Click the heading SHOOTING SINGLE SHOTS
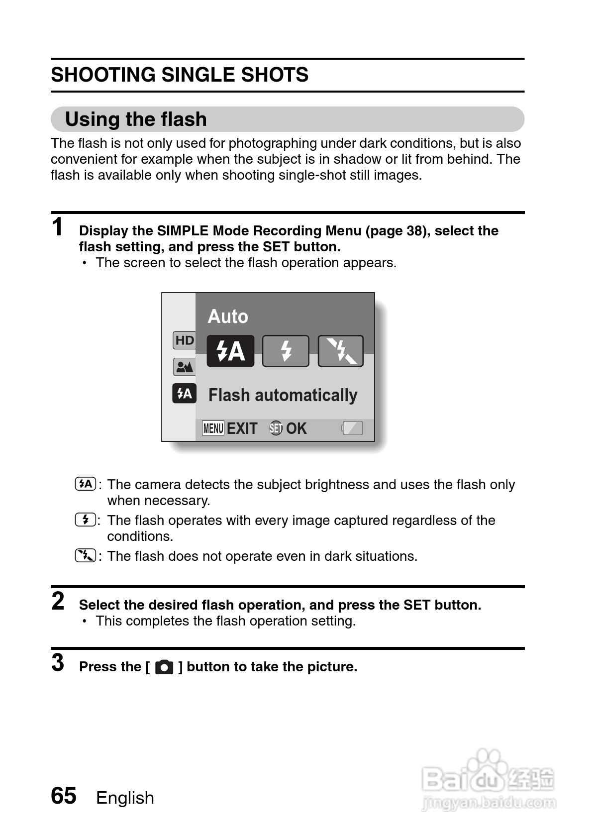180,75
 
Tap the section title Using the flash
136,119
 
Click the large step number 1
58,227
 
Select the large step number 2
58,601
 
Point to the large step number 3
58,663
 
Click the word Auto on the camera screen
227,316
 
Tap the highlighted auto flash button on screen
230,351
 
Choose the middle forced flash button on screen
286,351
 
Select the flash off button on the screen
341,351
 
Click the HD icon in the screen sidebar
185,340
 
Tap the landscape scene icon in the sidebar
185,367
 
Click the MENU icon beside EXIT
213,428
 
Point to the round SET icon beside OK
276,428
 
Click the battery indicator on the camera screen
352,428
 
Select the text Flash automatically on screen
283,395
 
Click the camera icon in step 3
164,667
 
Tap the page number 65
64,796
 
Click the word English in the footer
125,798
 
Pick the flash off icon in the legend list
85,556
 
